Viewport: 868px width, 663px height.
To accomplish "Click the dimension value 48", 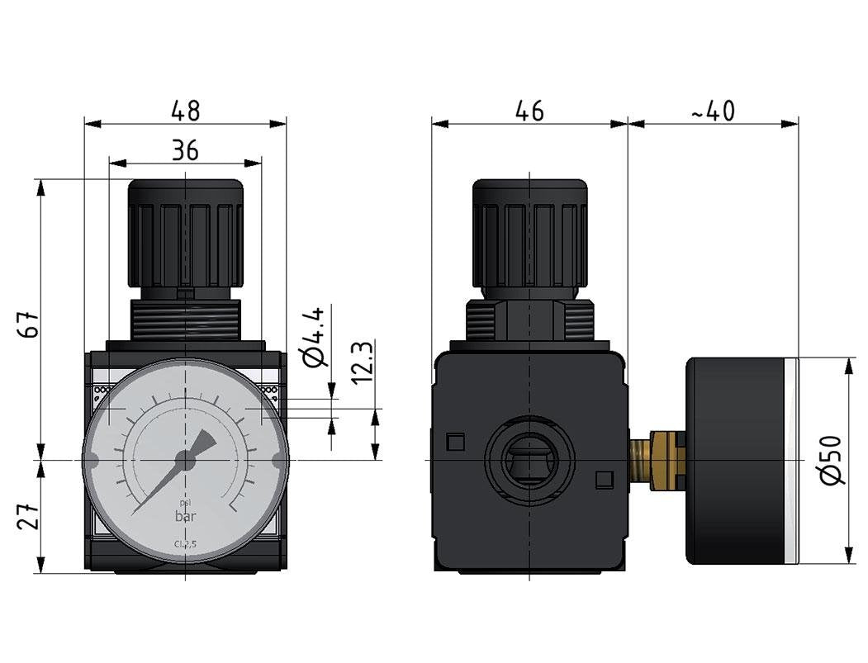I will click(186, 111).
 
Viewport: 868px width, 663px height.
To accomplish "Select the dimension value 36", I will click(186, 149).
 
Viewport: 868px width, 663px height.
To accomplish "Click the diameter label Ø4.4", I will click(319, 336).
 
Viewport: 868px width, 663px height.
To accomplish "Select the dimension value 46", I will click(529, 111).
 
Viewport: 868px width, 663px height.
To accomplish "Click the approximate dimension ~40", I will click(713, 111).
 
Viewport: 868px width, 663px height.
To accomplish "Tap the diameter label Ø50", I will click(833, 460).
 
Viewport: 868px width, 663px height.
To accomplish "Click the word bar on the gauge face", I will click(185, 518).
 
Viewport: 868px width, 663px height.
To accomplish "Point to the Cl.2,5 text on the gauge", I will click(185, 544).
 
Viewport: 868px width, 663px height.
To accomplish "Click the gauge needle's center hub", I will click(185, 462).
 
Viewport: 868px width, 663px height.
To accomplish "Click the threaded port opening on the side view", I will click(529, 459).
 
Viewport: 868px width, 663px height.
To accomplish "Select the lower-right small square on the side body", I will click(605, 478).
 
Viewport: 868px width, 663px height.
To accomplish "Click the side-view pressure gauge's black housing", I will click(735, 460).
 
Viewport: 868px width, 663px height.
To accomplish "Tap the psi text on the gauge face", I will click(185, 504).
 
